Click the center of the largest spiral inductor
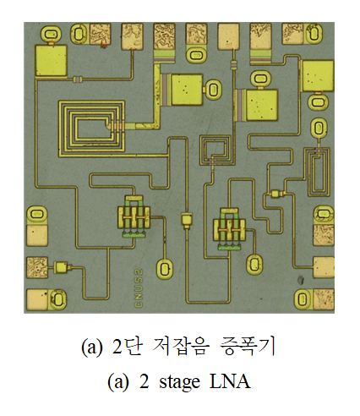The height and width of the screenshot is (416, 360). [x=92, y=129]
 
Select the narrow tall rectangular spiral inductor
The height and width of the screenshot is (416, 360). [x=318, y=172]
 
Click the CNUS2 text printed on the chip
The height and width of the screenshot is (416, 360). [x=139, y=288]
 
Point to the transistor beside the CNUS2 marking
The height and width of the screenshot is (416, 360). [x=134, y=216]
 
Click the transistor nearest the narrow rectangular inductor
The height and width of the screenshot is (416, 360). [x=230, y=229]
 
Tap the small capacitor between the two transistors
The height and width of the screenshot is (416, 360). [x=187, y=220]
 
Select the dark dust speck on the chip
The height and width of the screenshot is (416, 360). [x=301, y=280]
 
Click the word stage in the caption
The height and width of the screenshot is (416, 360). [x=180, y=383]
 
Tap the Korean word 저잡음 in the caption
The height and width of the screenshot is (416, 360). [x=182, y=346]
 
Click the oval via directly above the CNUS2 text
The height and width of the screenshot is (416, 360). [x=164, y=269]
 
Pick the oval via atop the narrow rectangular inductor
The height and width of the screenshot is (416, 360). [x=319, y=129]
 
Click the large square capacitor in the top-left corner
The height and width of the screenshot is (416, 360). [x=51, y=60]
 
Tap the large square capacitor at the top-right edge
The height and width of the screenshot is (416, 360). [x=318, y=75]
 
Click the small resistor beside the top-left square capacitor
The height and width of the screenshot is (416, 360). [x=77, y=79]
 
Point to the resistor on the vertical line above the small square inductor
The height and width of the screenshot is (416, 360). [x=233, y=65]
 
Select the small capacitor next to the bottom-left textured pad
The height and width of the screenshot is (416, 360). [x=61, y=267]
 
